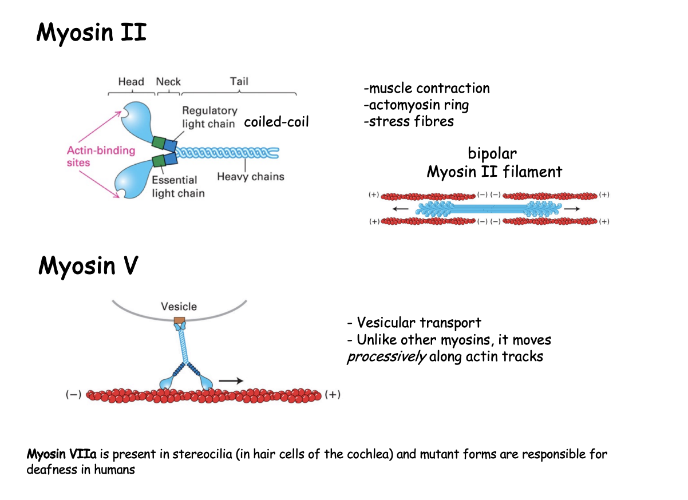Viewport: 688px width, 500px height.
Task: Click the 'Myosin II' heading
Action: pos(92,33)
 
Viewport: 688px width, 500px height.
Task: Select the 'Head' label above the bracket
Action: pos(131,82)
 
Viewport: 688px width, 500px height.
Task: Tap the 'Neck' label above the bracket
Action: pos(168,82)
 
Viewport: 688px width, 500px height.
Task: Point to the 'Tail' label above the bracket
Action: pos(239,81)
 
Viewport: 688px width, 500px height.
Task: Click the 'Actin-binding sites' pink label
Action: pos(101,156)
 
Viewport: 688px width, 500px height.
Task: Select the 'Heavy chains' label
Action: pos(250,177)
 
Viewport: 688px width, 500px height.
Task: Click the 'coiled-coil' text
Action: pos(276,122)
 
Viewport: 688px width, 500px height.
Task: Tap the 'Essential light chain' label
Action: pos(178,186)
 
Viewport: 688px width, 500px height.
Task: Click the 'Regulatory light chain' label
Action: pos(209,117)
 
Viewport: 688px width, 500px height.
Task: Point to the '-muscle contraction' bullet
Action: pos(426,88)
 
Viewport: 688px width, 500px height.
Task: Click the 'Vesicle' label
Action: pos(179,307)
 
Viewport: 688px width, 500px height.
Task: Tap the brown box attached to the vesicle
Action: pos(180,320)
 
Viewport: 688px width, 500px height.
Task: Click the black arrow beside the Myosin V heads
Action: pos(232,379)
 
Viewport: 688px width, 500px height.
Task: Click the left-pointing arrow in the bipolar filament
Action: pos(401,209)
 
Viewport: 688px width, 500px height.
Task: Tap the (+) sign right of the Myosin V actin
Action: pos(333,395)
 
